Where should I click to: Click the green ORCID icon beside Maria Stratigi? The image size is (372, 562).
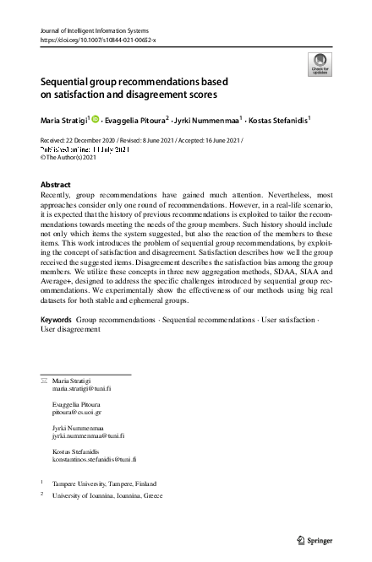point(95,119)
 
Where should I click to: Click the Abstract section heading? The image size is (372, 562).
point(57,183)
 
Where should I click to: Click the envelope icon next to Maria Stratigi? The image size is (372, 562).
point(44,406)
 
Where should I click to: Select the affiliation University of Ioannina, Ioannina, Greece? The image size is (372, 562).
point(107,497)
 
